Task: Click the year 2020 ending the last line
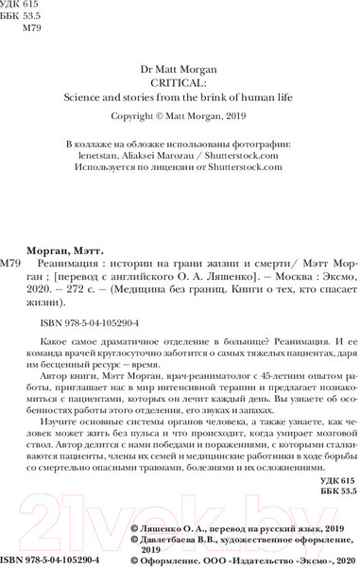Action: pyautogui.click(x=337, y=558)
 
